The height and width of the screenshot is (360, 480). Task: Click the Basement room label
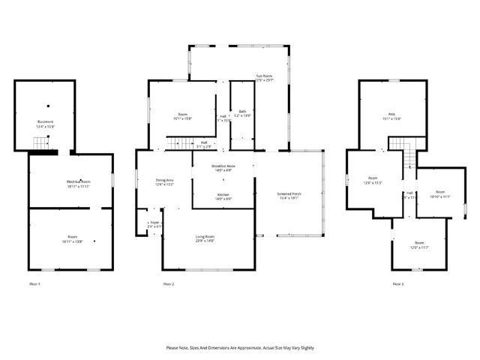click(x=45, y=121)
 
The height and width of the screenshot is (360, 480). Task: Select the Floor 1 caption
click(x=34, y=284)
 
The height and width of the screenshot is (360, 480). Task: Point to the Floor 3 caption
click(x=397, y=284)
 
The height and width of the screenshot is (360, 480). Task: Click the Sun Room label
click(x=263, y=76)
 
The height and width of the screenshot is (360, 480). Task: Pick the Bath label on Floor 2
click(x=242, y=112)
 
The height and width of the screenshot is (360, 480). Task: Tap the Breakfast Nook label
click(x=223, y=166)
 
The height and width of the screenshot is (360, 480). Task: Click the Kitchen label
click(x=223, y=194)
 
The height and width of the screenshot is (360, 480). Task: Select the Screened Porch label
click(x=289, y=194)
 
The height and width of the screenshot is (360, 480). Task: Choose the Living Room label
click(x=205, y=235)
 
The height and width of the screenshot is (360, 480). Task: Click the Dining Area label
click(x=164, y=180)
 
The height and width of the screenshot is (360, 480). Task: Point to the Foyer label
click(x=154, y=222)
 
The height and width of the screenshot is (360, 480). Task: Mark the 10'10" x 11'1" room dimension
click(x=440, y=196)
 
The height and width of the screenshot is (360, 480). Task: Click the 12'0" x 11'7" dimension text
click(x=419, y=247)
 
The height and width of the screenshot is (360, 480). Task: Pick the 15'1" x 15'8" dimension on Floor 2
click(x=181, y=118)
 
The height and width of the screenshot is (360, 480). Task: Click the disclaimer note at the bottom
click(x=240, y=348)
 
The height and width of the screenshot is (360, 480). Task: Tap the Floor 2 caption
click(x=169, y=284)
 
